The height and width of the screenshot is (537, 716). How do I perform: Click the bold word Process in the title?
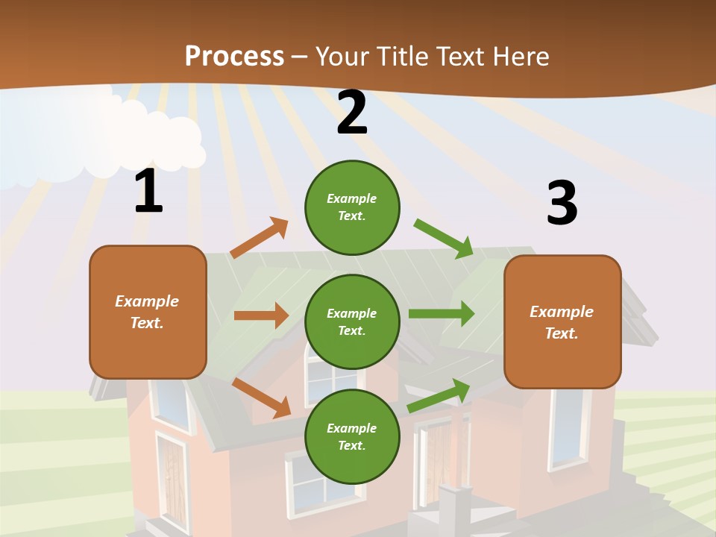(234, 56)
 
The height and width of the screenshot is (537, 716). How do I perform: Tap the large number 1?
(148, 192)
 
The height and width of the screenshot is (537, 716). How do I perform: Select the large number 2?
(352, 113)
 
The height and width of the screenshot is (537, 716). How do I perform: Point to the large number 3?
(562, 204)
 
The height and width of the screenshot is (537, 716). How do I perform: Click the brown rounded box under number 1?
(148, 312)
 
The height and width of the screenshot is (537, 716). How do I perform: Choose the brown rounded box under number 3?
(562, 321)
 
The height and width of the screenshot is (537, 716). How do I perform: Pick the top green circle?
(352, 207)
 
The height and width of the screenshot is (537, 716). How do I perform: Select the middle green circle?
(352, 321)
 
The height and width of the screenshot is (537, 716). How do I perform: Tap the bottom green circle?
(352, 436)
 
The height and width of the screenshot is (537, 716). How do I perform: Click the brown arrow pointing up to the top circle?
(259, 238)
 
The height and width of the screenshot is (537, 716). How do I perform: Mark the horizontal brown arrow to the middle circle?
(261, 315)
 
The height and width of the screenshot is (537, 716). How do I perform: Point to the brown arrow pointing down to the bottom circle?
(261, 397)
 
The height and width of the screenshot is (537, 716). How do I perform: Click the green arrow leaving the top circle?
(444, 238)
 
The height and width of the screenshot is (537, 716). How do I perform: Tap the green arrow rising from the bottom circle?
(439, 395)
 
